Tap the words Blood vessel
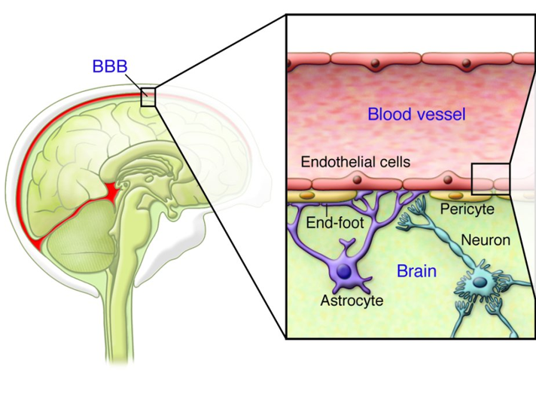[x=416, y=114]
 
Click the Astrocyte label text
[x=352, y=301]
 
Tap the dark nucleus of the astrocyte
[x=345, y=272]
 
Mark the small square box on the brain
[x=147, y=97]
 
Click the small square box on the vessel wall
[x=491, y=179]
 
